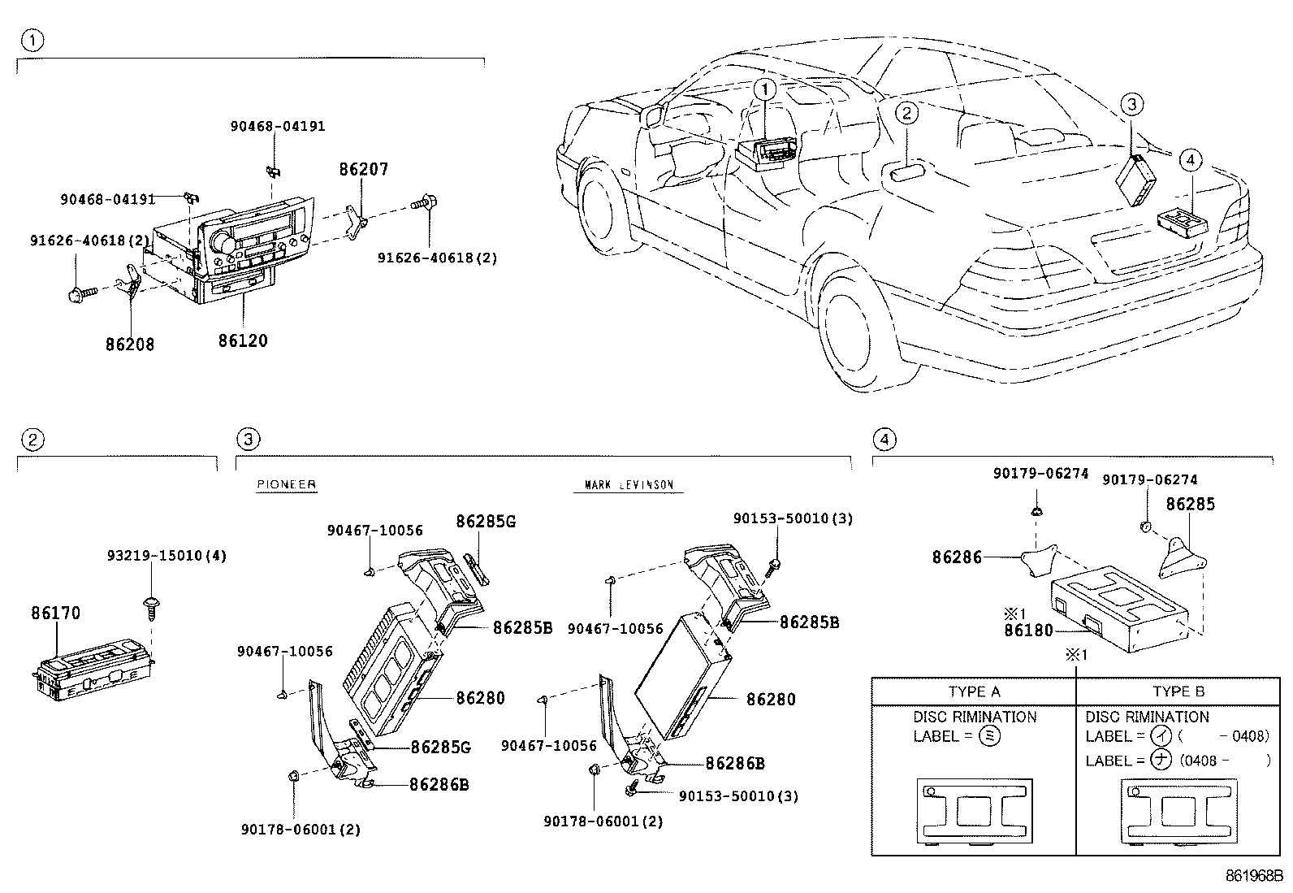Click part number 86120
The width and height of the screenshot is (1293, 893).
(x=242, y=340)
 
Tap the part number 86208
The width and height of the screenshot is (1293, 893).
(x=129, y=345)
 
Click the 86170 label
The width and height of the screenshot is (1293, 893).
(x=56, y=613)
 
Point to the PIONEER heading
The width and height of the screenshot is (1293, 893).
(x=286, y=484)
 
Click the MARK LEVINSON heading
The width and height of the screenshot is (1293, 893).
(x=629, y=485)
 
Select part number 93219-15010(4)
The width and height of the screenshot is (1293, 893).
(x=166, y=556)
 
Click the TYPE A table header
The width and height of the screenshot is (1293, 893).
(x=974, y=691)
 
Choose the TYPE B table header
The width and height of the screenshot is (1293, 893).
(x=1178, y=691)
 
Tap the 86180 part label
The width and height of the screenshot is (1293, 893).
(x=1027, y=630)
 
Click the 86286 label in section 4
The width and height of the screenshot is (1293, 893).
(x=957, y=557)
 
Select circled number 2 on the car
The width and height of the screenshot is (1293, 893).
(x=906, y=113)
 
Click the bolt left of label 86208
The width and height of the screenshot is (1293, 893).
(x=78, y=292)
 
